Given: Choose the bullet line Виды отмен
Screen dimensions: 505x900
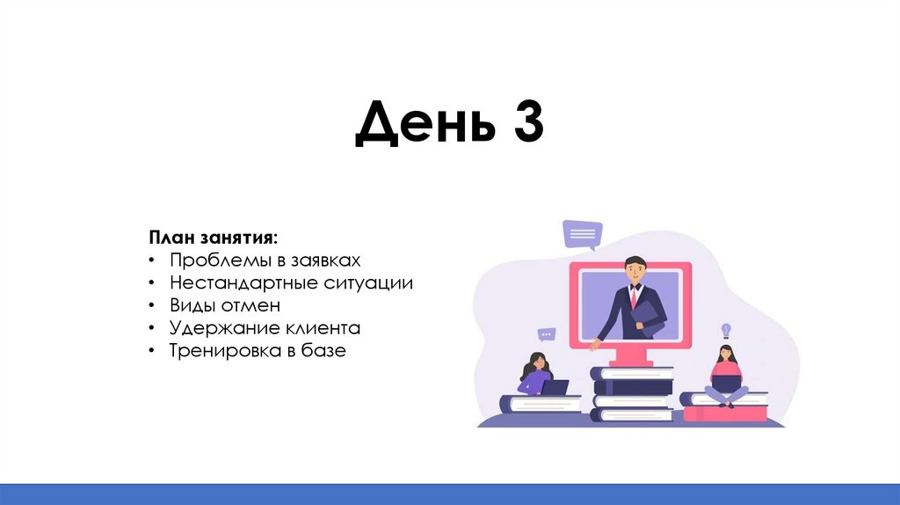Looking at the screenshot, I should tap(225, 305).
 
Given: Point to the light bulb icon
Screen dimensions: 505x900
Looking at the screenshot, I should tap(726, 331).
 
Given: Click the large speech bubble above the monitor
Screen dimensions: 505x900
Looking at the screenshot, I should tap(583, 234).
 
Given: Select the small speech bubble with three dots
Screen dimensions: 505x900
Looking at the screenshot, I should tap(547, 334).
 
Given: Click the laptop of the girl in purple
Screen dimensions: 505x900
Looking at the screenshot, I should tap(555, 387).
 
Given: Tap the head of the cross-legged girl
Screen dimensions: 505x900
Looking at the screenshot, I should tap(725, 354).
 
